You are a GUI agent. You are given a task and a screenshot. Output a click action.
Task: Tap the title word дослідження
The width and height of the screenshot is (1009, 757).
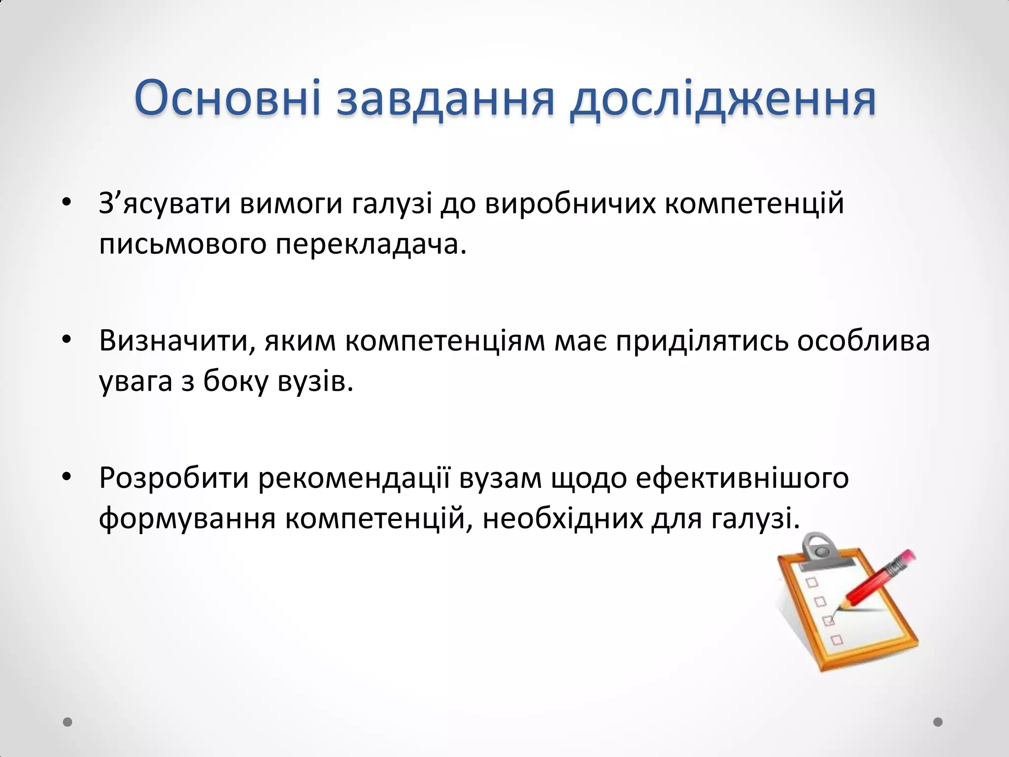pyautogui.click(x=722, y=100)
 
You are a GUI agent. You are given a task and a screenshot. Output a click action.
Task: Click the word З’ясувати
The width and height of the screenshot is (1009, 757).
pyautogui.click(x=165, y=204)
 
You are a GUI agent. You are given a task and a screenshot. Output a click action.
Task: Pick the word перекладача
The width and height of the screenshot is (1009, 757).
pyautogui.click(x=370, y=244)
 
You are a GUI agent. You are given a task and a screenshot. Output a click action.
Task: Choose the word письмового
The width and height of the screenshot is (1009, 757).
pyautogui.click(x=183, y=244)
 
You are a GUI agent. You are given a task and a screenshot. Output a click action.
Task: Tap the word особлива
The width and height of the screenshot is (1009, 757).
pyautogui.click(x=863, y=341)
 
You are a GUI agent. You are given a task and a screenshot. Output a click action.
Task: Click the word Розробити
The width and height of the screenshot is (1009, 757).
pyautogui.click(x=174, y=478)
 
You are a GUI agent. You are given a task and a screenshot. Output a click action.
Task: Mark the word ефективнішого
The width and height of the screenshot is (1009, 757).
pyautogui.click(x=742, y=478)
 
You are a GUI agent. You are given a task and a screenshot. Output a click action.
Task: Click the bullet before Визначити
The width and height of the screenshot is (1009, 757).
pyautogui.click(x=67, y=339)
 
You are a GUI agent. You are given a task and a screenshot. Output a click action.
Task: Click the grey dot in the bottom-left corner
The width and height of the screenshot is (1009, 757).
pyautogui.click(x=68, y=722)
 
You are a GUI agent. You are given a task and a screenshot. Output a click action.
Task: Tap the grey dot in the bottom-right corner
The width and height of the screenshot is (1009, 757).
pyautogui.click(x=938, y=722)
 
